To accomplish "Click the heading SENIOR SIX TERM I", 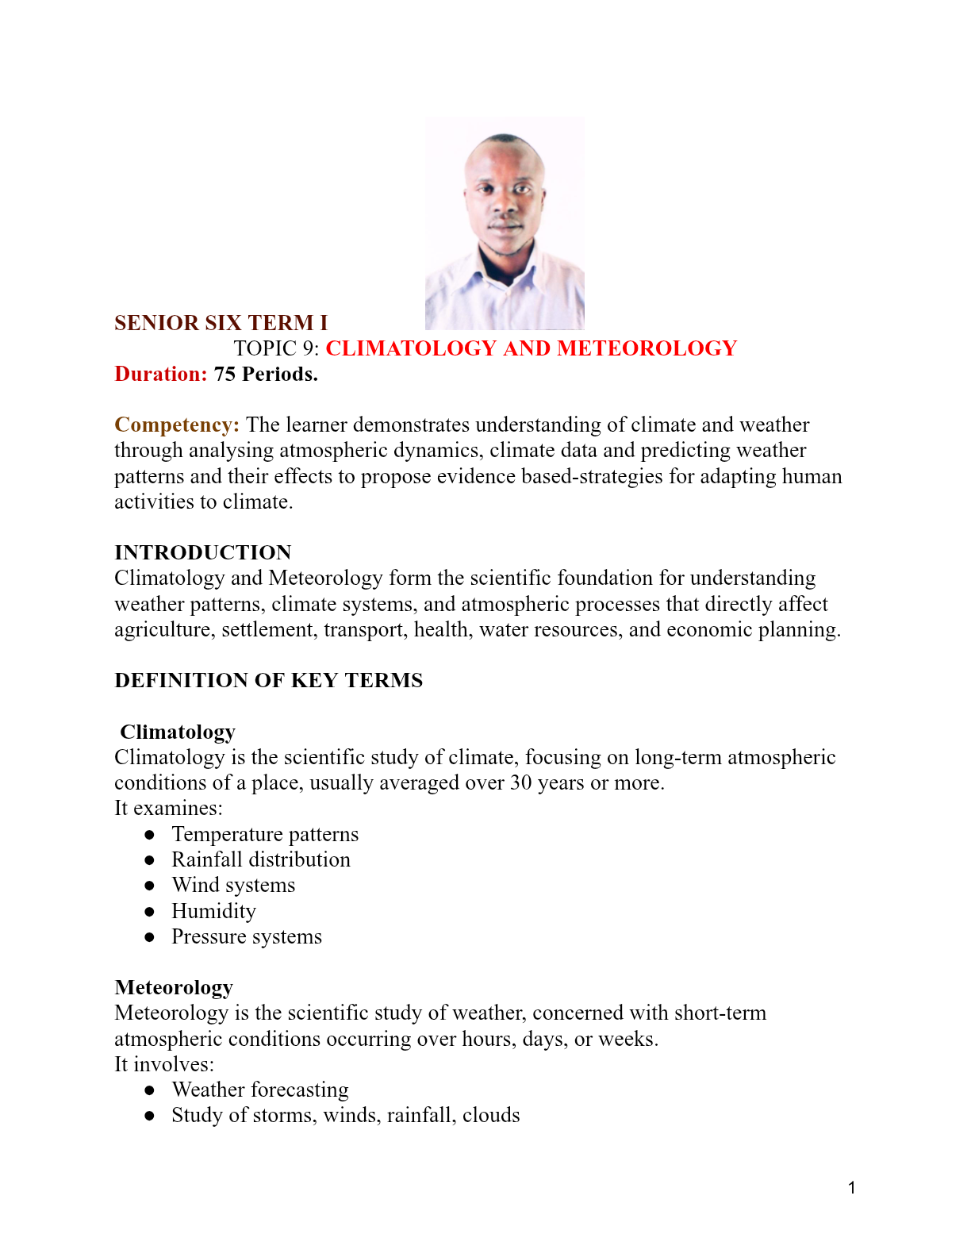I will (221, 323).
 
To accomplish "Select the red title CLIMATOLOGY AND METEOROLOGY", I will (531, 348).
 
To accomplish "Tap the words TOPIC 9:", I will (276, 348).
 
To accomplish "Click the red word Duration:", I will (161, 374).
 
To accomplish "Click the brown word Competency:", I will (177, 425).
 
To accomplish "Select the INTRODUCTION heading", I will (203, 552).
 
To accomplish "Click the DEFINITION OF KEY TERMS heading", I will (268, 680).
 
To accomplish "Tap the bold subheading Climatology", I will (178, 732).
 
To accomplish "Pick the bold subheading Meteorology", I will (174, 987).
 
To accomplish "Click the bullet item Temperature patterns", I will (265, 834).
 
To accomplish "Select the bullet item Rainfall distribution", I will (261, 859).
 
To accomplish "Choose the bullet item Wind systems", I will (233, 885).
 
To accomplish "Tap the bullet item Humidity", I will (213, 911).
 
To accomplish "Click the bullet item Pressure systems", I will (247, 936).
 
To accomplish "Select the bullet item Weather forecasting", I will (260, 1090).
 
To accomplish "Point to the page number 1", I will (851, 1188).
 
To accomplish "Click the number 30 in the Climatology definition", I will (520, 782).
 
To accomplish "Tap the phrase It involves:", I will (164, 1064).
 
